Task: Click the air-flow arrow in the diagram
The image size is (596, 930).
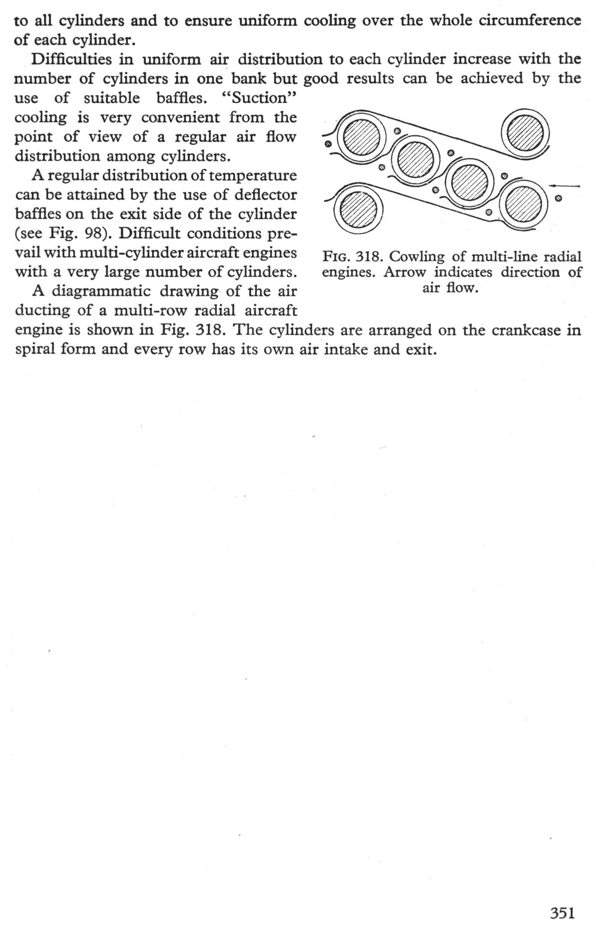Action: (x=564, y=186)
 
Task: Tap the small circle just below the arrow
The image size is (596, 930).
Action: (x=558, y=199)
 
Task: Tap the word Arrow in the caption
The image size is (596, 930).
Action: (x=404, y=272)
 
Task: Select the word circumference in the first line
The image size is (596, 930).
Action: (x=530, y=20)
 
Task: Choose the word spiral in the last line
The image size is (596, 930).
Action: (x=33, y=349)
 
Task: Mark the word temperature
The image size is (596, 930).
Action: (x=252, y=176)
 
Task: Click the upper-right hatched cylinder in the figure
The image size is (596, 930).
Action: (x=525, y=133)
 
